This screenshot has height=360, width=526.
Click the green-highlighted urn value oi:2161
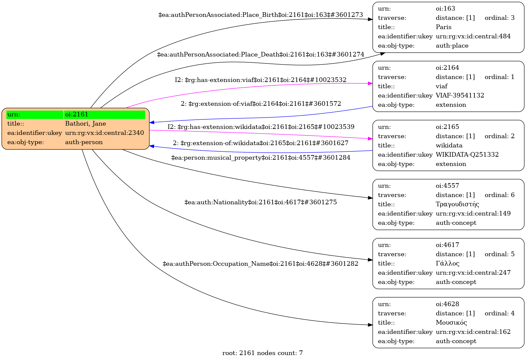(x=77, y=114)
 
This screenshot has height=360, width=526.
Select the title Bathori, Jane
(x=85, y=124)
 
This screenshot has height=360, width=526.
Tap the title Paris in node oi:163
(x=443, y=27)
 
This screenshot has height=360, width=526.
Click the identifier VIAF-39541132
(x=460, y=96)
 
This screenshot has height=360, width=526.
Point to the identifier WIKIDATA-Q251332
(x=467, y=155)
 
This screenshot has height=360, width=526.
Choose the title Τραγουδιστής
(x=457, y=204)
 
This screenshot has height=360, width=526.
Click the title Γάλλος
(x=447, y=263)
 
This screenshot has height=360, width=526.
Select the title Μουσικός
(x=451, y=323)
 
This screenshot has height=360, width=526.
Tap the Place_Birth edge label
(x=260, y=15)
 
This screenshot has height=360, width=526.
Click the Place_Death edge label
(x=260, y=55)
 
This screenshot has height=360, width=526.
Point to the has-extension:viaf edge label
(x=260, y=80)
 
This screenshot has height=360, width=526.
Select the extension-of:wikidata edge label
(x=260, y=143)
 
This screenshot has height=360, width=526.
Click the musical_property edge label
(x=260, y=158)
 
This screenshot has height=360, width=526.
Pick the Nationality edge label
(x=260, y=202)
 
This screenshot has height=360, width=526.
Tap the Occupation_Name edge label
(x=260, y=264)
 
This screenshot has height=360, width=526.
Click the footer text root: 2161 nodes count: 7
(x=262, y=353)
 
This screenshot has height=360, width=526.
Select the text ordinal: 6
(x=499, y=195)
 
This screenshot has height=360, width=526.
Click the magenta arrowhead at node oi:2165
(x=370, y=139)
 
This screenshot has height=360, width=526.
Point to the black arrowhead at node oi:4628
(x=370, y=325)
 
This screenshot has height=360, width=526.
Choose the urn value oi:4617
(x=447, y=245)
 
